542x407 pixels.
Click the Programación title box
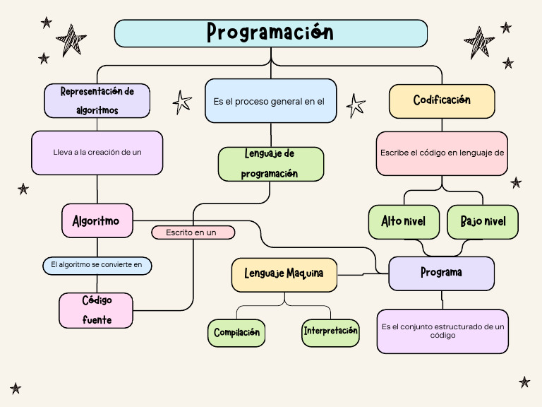coord(271,33)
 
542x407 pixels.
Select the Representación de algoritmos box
coord(97,100)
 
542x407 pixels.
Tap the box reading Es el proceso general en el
coord(270,101)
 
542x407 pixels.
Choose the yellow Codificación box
coord(442,101)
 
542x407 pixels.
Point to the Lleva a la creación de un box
coord(97,153)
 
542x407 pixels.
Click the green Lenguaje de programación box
coord(271,164)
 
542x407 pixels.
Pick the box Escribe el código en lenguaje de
coord(442,153)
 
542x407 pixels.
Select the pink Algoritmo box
coord(97,221)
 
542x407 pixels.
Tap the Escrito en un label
coord(193,232)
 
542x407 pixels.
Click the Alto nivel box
coord(403,222)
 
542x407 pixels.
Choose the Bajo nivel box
coord(483,222)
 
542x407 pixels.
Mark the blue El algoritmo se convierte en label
coord(97,266)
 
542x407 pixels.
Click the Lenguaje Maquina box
coord(284,274)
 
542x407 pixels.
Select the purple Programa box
coord(442,273)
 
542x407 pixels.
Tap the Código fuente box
coord(97,310)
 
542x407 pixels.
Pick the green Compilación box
coord(236,332)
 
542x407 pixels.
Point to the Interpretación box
coord(330,332)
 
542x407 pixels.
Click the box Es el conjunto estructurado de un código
coord(442,331)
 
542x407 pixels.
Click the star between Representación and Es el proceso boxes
coord(182,102)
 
